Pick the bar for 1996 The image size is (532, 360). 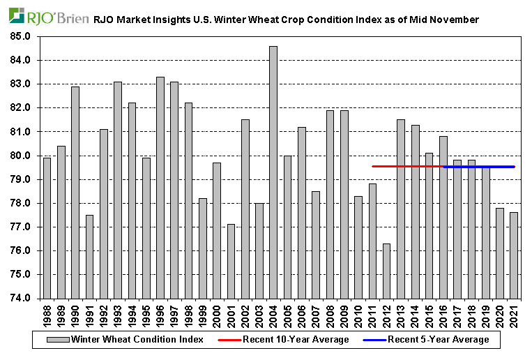[x=160, y=188]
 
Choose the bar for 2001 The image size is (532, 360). [x=231, y=261]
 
